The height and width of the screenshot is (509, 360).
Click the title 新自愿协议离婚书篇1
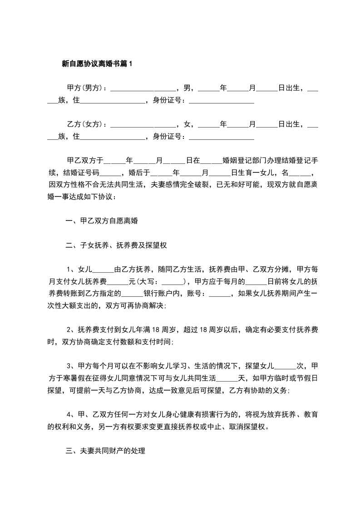tap(97, 64)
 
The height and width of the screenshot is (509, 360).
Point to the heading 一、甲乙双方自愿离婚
tap(102, 222)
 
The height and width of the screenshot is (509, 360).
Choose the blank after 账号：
tap(221, 293)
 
